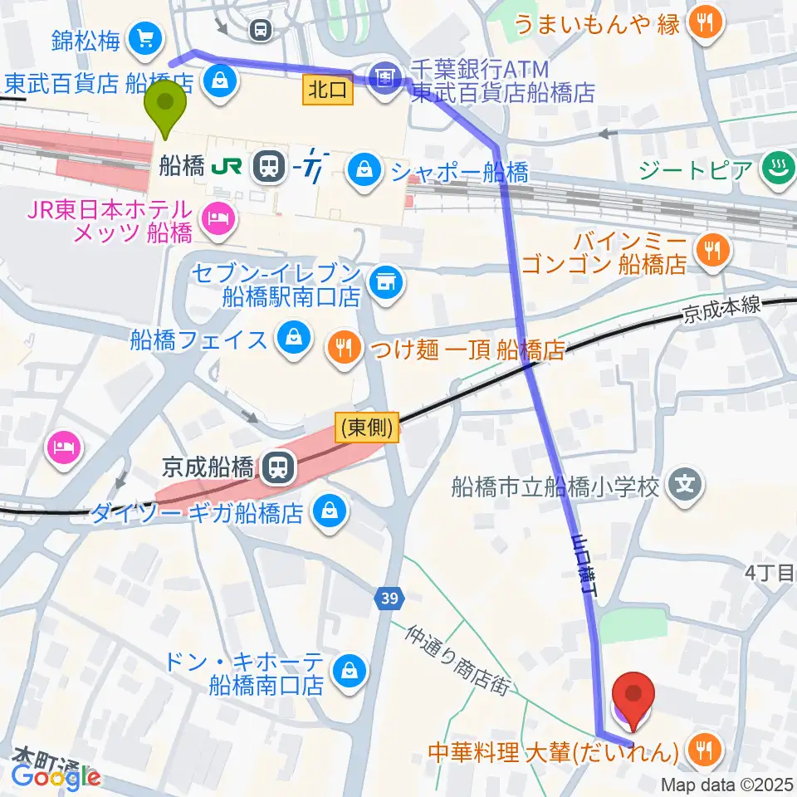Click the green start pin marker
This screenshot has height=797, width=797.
tap(165, 105)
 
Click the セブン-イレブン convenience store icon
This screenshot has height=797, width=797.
tap(384, 282)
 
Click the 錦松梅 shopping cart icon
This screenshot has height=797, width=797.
tap(149, 37)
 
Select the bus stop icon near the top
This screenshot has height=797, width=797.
tap(261, 31)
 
